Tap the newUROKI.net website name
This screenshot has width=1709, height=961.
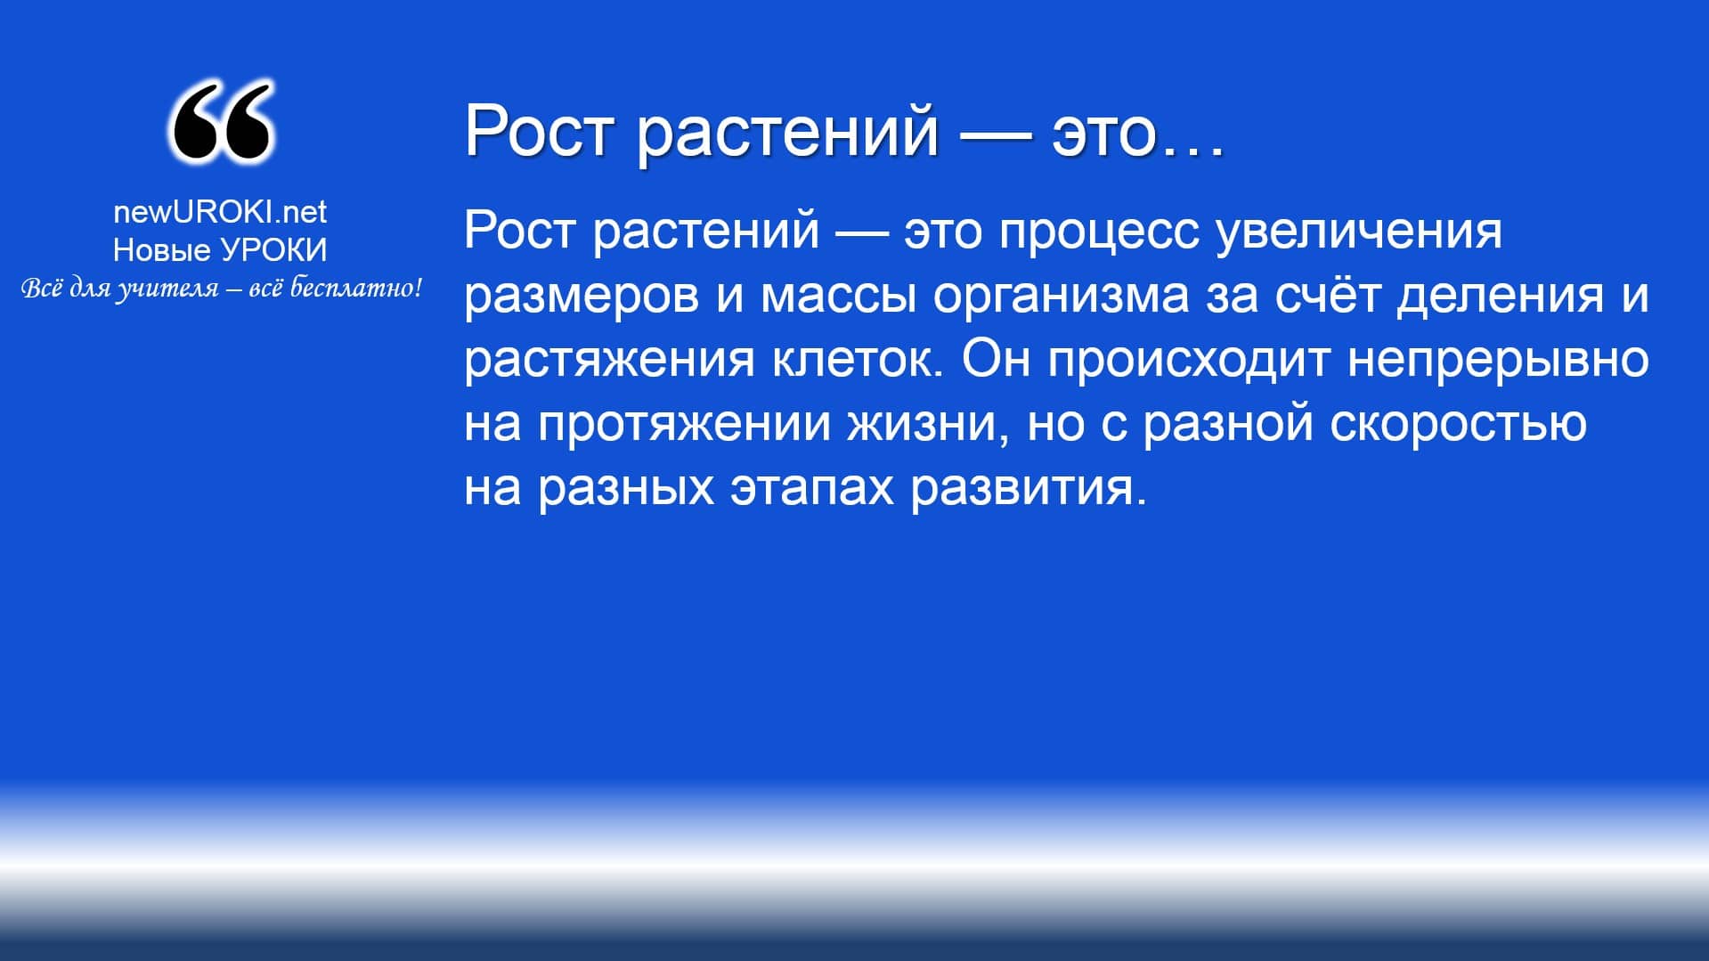pyautogui.click(x=220, y=212)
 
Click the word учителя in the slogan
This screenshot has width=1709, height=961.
pyautogui.click(x=167, y=289)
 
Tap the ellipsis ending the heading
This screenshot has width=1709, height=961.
pyautogui.click(x=1192, y=151)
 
